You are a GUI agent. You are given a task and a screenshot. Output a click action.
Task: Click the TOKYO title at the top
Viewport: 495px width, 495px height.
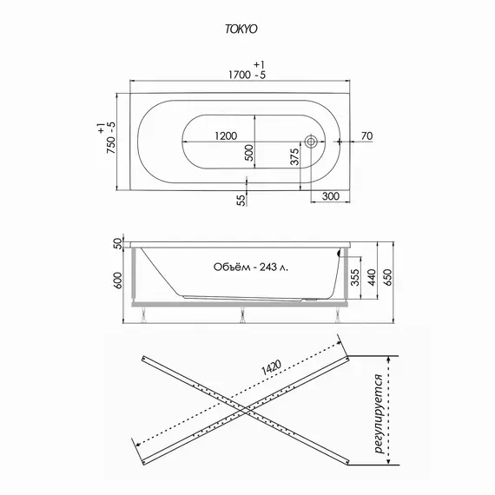point(241,29)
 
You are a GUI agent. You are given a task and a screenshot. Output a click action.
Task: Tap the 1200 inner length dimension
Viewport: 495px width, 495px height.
point(226,136)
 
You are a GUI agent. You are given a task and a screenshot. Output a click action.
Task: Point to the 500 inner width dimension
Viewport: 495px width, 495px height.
point(249,153)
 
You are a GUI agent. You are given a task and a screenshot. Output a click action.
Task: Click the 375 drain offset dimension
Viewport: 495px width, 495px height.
point(294,156)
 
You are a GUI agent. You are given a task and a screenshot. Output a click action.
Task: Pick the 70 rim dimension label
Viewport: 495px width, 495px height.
point(366,136)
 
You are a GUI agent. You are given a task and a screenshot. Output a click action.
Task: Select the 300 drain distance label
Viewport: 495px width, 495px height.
point(331,196)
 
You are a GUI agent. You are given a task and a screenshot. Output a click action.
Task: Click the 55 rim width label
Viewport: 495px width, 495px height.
point(241,200)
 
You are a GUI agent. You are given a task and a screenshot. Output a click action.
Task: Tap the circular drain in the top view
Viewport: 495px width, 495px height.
point(311,141)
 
